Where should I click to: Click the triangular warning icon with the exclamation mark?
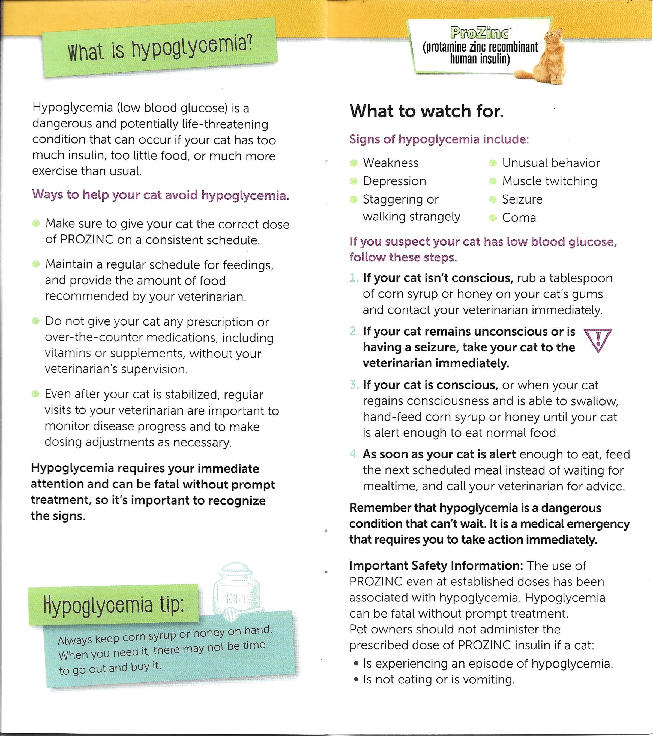(598, 340)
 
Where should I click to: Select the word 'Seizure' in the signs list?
(522, 199)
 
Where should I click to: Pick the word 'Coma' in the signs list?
(519, 218)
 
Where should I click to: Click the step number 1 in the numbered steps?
(354, 278)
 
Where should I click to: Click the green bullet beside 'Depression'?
(354, 181)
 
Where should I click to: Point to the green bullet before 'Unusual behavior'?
(493, 163)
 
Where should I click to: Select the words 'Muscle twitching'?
(549, 181)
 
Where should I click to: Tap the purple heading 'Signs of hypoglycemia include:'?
(439, 139)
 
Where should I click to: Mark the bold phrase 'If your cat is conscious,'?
(430, 385)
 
